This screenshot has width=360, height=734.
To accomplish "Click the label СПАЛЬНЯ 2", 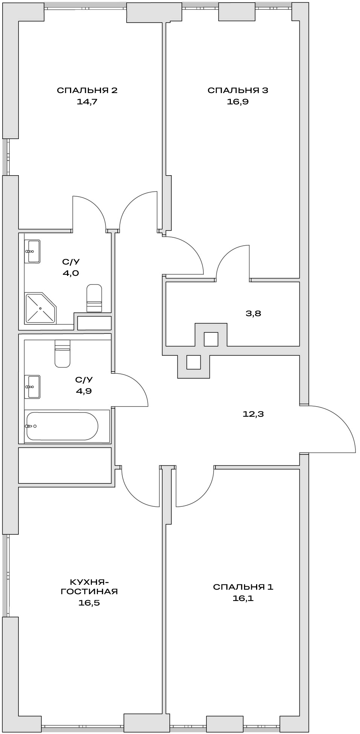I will point(87,90).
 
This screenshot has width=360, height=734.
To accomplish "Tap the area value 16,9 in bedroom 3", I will point(238,101).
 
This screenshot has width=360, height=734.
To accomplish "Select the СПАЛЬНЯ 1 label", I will point(243,587).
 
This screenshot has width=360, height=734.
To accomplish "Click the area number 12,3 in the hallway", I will point(253,414).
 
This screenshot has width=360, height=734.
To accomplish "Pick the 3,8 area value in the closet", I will point(253,313).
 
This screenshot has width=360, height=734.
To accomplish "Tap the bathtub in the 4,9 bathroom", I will point(62,426).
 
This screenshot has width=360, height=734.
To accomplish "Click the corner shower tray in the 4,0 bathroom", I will point(40,308).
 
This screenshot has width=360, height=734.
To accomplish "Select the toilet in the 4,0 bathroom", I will point(94,298).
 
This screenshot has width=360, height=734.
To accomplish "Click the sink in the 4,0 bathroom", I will point(33,251).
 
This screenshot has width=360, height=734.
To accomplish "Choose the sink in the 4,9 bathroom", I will point(33,386).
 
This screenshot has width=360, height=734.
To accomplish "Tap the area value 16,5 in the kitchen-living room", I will point(89,602).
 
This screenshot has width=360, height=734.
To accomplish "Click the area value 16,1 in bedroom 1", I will point(243,598).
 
